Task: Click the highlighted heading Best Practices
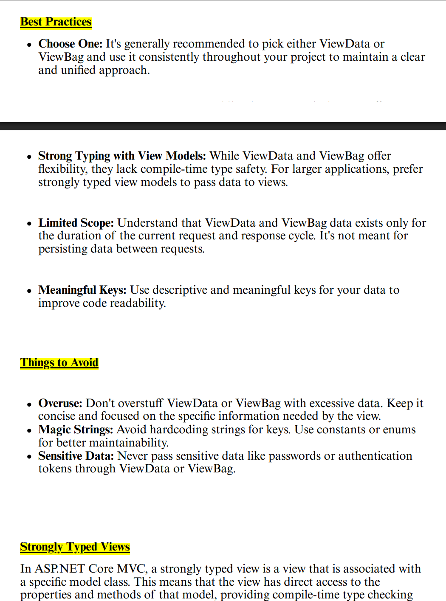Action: pyautogui.click(x=56, y=22)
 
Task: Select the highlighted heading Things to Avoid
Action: pyautogui.click(x=59, y=362)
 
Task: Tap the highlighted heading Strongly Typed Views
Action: pyautogui.click(x=75, y=547)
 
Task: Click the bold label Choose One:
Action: pyautogui.click(x=71, y=44)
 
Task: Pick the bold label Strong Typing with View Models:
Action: pyautogui.click(x=122, y=156)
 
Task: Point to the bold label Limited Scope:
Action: pyautogui.click(x=76, y=223)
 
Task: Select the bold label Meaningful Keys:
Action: pyautogui.click(x=82, y=290)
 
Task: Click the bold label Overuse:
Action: pyautogui.click(x=60, y=403)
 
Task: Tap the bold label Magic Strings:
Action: pyautogui.click(x=76, y=430)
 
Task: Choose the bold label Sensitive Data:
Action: pyautogui.click(x=76, y=456)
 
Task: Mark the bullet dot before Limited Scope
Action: pyautogui.click(x=29, y=224)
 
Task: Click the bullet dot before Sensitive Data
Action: pyautogui.click(x=29, y=457)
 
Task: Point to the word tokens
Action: pyautogui.click(x=55, y=469)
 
